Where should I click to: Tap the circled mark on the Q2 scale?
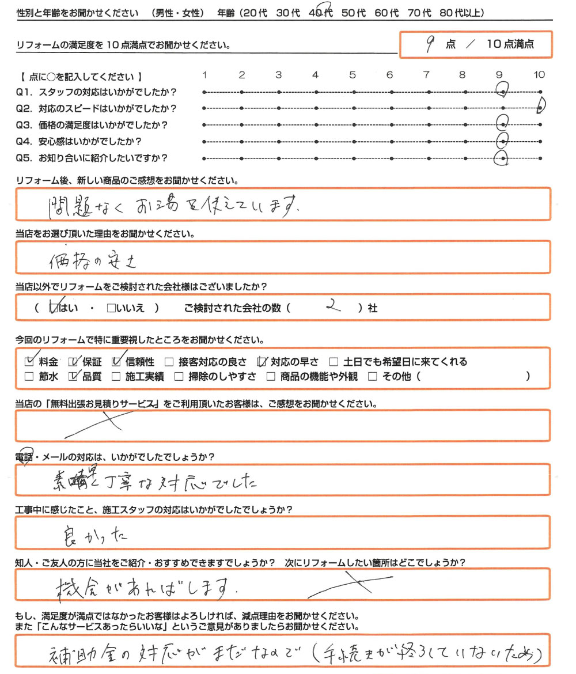(541, 107)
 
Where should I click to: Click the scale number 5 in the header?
(353, 75)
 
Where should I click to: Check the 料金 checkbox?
(30, 362)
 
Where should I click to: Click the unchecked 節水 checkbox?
(29, 377)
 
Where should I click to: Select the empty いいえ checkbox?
(111, 308)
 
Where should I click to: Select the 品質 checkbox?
(73, 377)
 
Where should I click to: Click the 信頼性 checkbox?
(116, 362)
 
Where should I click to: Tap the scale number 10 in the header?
(539, 75)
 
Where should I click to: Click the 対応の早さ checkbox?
(263, 362)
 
